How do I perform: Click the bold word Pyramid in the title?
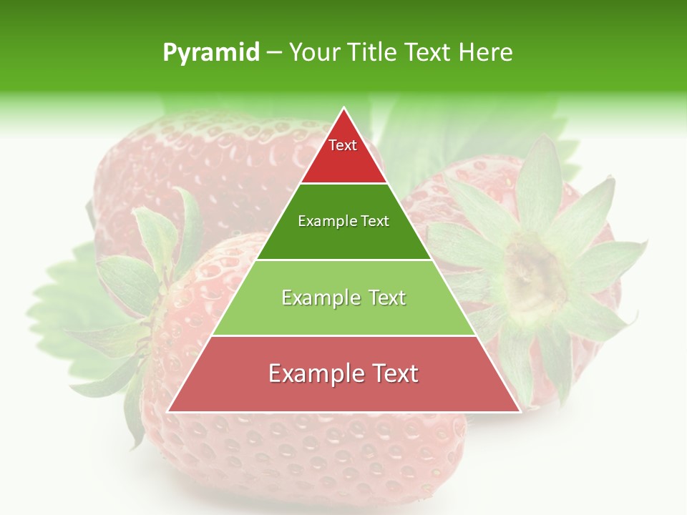coord(211,52)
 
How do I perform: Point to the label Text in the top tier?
coord(343,145)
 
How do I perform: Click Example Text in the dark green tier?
coord(343,221)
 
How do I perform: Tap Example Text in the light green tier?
coord(343,298)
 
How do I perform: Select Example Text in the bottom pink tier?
coord(343,373)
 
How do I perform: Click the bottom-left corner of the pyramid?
coord(169,411)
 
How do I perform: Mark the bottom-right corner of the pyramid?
coord(519,411)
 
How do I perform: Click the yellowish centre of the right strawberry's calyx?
coord(533,268)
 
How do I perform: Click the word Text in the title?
coord(428,52)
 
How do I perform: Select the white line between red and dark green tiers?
coord(343,184)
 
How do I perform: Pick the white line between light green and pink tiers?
coord(343,335)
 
